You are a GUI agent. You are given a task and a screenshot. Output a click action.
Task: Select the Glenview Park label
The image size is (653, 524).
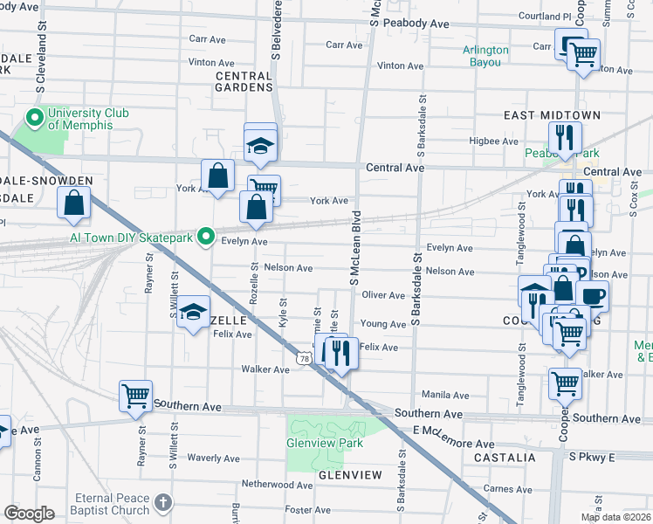(x=324, y=443)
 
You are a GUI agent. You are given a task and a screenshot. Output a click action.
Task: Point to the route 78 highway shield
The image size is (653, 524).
(x=303, y=358)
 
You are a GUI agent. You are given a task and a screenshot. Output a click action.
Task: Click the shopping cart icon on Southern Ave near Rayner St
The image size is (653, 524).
(x=135, y=396)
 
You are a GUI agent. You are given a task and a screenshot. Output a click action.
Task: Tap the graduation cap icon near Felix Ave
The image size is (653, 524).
(x=193, y=313)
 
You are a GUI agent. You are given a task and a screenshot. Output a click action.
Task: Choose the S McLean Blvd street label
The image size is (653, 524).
(x=355, y=247)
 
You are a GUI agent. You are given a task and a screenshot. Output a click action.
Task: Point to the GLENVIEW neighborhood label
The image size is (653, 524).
(x=350, y=474)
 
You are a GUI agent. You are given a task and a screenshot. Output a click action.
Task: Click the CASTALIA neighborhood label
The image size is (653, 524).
(x=504, y=457)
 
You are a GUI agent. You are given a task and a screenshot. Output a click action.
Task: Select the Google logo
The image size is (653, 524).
(x=29, y=514)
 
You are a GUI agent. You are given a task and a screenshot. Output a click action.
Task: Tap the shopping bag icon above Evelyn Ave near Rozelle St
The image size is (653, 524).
(x=256, y=207)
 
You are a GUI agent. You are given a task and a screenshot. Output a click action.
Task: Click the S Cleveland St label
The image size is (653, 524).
(x=41, y=65)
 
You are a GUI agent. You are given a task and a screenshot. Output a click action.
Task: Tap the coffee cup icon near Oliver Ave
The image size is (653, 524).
(x=593, y=295)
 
